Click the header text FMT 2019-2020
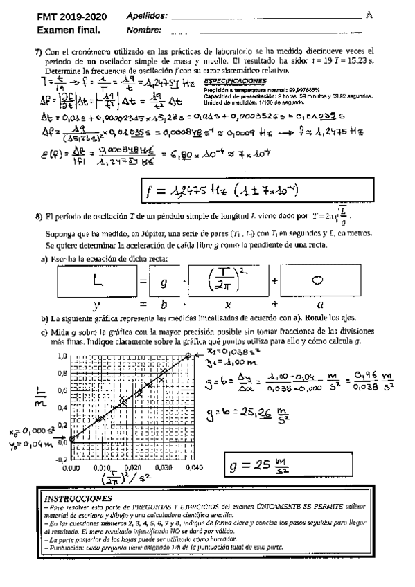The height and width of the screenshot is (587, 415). point(69,17)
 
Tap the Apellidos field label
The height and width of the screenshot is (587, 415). point(148,17)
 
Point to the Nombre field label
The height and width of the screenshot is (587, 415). point(144,30)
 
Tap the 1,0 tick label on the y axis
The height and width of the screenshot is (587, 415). point(62,356)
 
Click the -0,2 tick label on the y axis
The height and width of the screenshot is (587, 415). point(61,458)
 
